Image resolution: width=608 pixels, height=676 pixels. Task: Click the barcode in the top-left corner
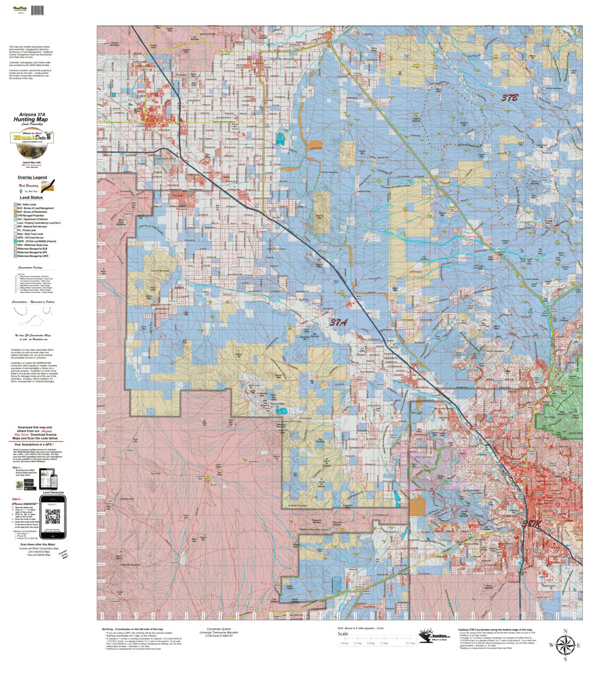[37, 10]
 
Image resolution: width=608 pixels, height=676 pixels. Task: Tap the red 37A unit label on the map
[338, 322]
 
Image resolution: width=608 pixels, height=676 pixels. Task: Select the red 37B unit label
[510, 98]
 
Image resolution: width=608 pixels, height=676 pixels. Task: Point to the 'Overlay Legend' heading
[32, 177]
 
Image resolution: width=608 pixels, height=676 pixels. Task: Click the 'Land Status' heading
[32, 198]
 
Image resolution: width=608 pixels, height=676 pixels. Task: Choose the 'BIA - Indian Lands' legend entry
[27, 205]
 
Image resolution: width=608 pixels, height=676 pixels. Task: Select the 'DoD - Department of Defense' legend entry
[32, 219]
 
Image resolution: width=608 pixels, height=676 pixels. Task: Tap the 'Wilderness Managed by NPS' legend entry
[32, 253]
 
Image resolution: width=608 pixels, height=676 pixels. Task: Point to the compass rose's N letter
[565, 631]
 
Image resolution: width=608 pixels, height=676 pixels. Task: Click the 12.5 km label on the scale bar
[410, 643]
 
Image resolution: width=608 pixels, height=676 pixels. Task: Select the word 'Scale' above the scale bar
[343, 634]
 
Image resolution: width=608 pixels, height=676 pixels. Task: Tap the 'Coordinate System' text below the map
[219, 629]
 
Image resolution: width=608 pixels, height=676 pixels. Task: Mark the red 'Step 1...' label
[17, 468]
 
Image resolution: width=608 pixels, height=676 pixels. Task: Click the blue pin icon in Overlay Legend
[21, 191]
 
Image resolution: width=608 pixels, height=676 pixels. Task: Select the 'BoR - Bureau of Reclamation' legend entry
[32, 212]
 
